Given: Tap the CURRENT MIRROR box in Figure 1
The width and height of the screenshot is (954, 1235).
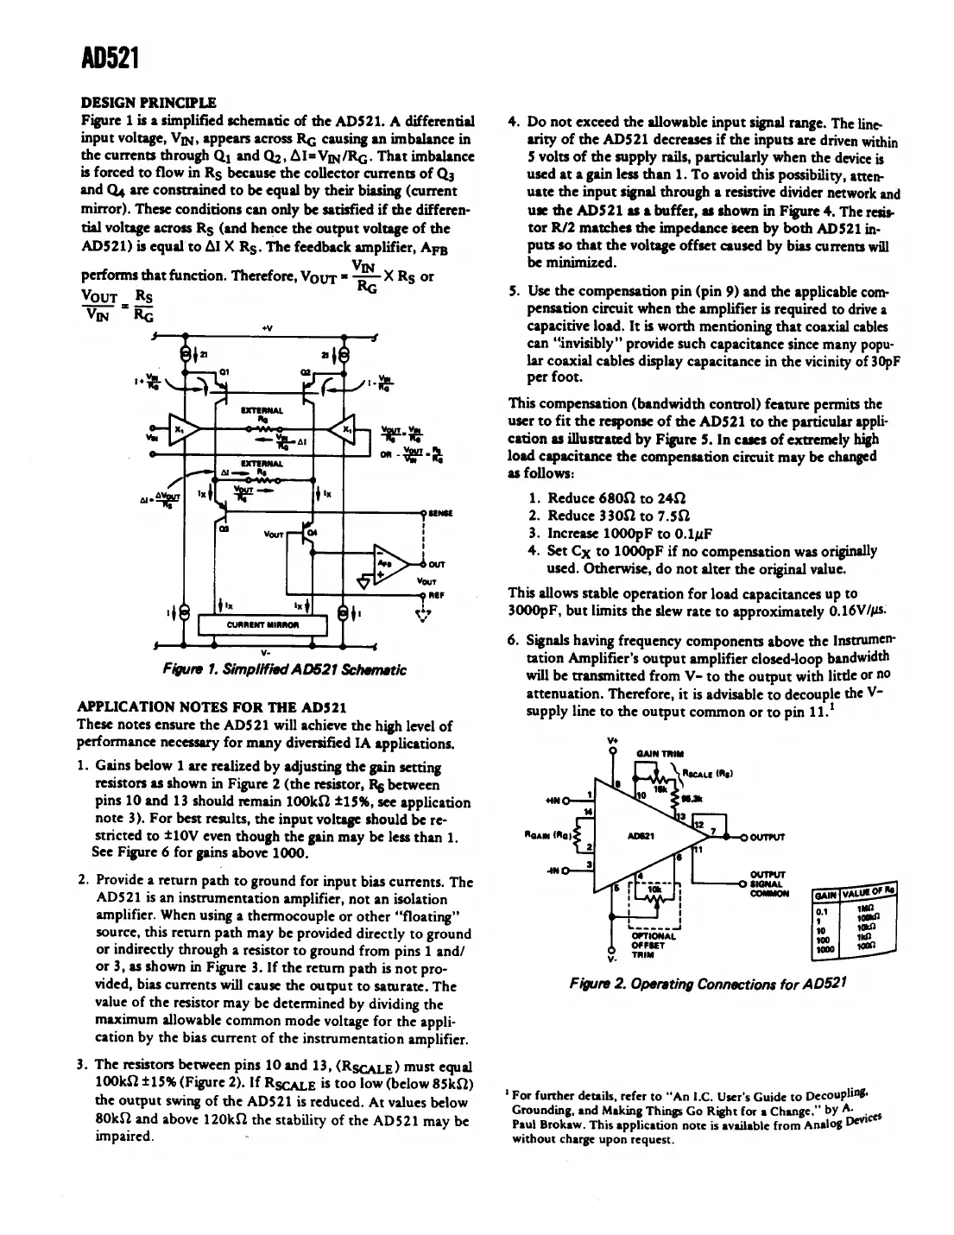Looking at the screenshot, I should (262, 624).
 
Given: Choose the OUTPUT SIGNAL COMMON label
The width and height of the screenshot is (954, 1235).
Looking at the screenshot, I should (767, 883).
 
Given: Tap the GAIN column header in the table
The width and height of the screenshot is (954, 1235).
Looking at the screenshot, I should (827, 894).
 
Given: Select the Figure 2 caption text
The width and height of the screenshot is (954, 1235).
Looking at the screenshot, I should (707, 984).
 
